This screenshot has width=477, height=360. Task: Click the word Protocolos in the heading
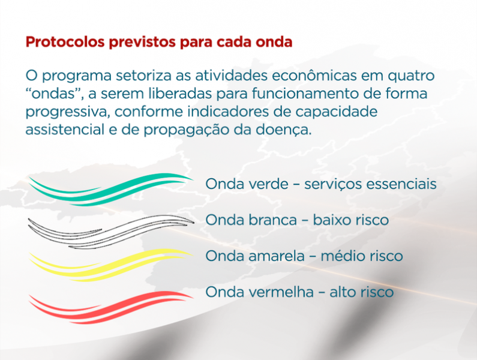(65, 41)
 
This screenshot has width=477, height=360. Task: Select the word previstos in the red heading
(142, 41)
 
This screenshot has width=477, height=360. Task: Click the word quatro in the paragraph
(411, 76)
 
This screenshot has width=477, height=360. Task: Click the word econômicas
(314, 76)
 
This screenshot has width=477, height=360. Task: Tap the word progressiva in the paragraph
(67, 112)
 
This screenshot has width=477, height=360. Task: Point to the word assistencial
(65, 130)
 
